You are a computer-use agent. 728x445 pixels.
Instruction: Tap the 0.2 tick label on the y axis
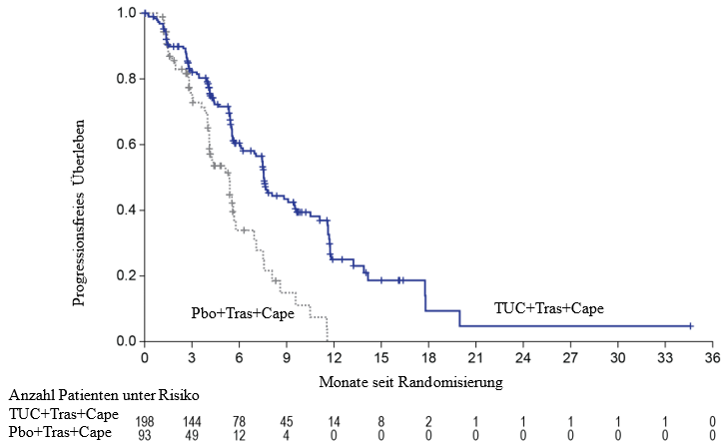[x=125, y=275]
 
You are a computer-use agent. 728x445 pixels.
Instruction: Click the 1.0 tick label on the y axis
[x=125, y=13]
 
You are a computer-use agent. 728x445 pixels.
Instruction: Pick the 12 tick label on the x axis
[x=333, y=357]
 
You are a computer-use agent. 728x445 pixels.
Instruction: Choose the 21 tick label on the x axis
[x=475, y=357]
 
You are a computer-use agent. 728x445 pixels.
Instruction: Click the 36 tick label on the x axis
[x=711, y=357]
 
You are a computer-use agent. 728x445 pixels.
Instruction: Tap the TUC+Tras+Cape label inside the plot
[x=549, y=308]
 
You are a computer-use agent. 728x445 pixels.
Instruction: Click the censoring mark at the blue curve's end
[x=690, y=326]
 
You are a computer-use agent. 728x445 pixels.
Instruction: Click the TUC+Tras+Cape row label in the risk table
[x=63, y=414]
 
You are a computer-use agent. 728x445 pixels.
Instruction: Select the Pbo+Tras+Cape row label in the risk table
[x=63, y=431]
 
